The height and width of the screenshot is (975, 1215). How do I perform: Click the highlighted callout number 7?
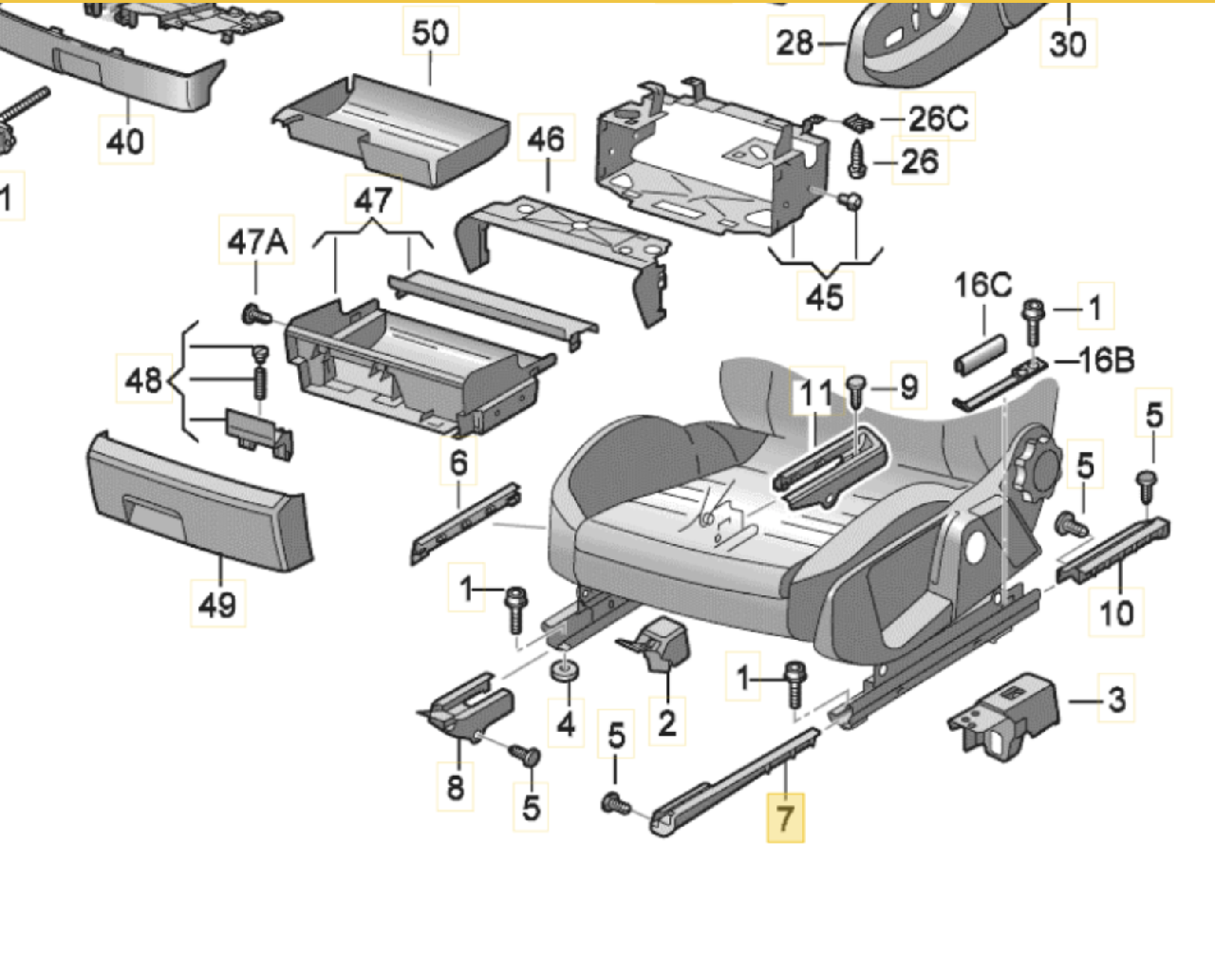[785, 817]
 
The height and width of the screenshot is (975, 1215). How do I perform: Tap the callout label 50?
[430, 33]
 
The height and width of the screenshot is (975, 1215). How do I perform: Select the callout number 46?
[545, 141]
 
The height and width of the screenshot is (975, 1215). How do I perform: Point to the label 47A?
[256, 243]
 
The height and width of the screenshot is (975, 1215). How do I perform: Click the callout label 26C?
[938, 119]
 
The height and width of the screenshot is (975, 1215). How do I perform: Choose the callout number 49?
[217, 604]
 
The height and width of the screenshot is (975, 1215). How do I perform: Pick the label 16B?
[1106, 361]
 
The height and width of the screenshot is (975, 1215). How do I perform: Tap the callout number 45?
[824, 297]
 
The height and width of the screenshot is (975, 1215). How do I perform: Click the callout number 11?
[815, 393]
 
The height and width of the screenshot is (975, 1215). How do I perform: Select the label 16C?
[982, 285]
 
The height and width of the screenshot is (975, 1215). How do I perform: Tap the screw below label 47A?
[255, 312]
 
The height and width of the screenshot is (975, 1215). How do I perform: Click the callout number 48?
[142, 381]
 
